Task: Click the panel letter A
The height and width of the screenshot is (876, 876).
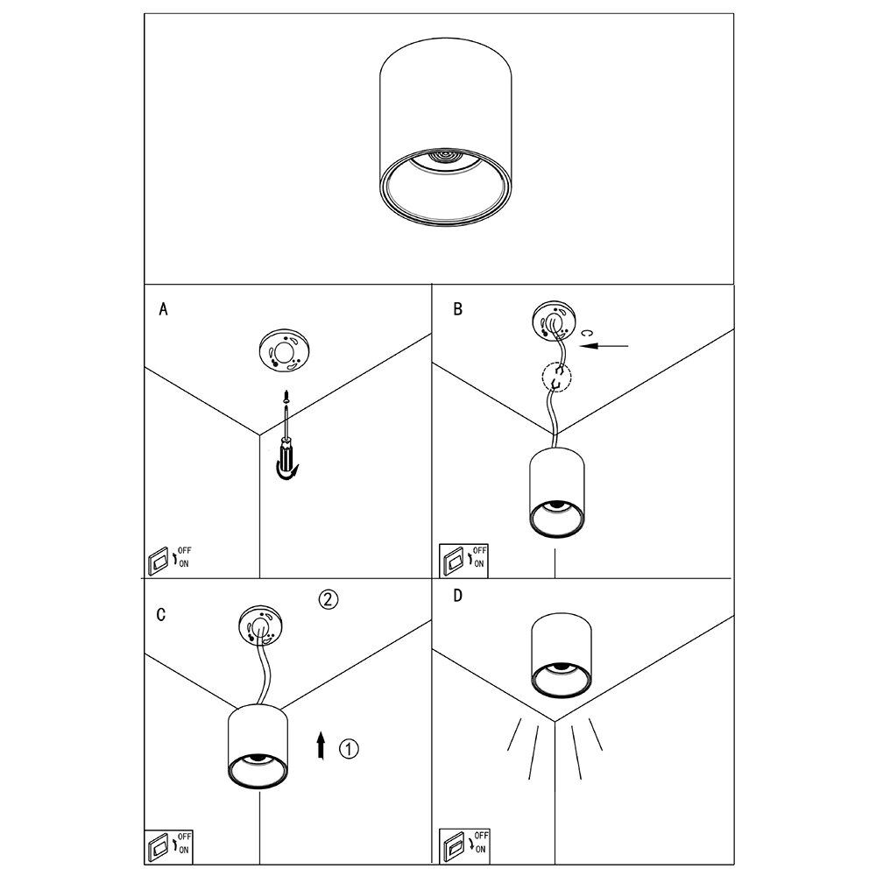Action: pos(162,309)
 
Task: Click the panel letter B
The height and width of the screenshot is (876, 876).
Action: pos(457,309)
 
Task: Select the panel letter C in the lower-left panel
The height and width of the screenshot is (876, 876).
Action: pos(161,614)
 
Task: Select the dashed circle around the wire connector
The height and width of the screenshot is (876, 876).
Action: pos(555,378)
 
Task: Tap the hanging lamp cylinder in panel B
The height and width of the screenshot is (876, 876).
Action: pos(555,494)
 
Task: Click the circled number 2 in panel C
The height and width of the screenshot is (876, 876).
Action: pos(327,600)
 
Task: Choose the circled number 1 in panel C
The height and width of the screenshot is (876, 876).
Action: pos(349,748)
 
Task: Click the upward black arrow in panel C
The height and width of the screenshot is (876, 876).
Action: pos(321,746)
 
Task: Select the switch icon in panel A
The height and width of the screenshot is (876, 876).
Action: pos(159,559)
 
